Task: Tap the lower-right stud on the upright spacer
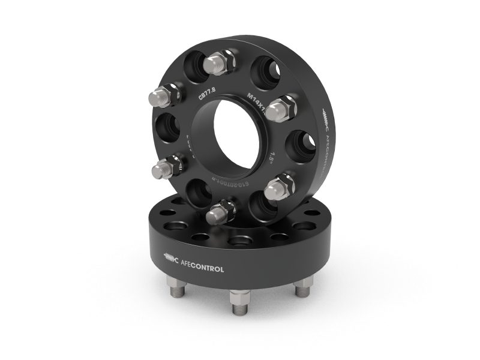tap(278, 187)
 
